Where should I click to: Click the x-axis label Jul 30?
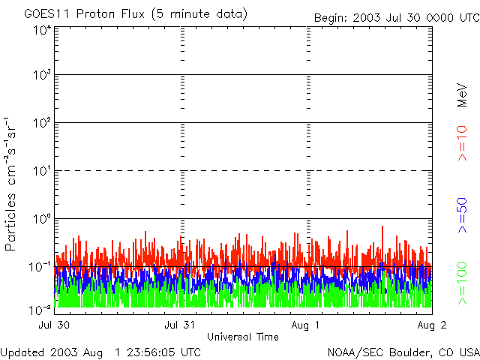point(54,325)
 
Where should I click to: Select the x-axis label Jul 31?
point(181,325)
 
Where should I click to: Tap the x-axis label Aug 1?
point(306,325)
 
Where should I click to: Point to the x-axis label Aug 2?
point(432,325)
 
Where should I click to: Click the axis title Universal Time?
point(243,336)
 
